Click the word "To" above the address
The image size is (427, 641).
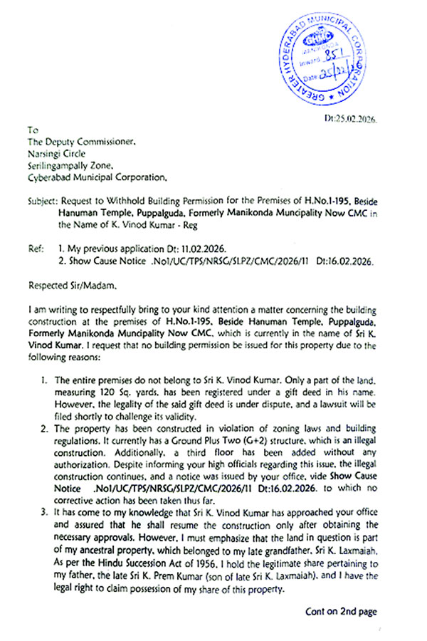point(32,130)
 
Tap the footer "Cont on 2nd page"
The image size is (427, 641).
point(341,611)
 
